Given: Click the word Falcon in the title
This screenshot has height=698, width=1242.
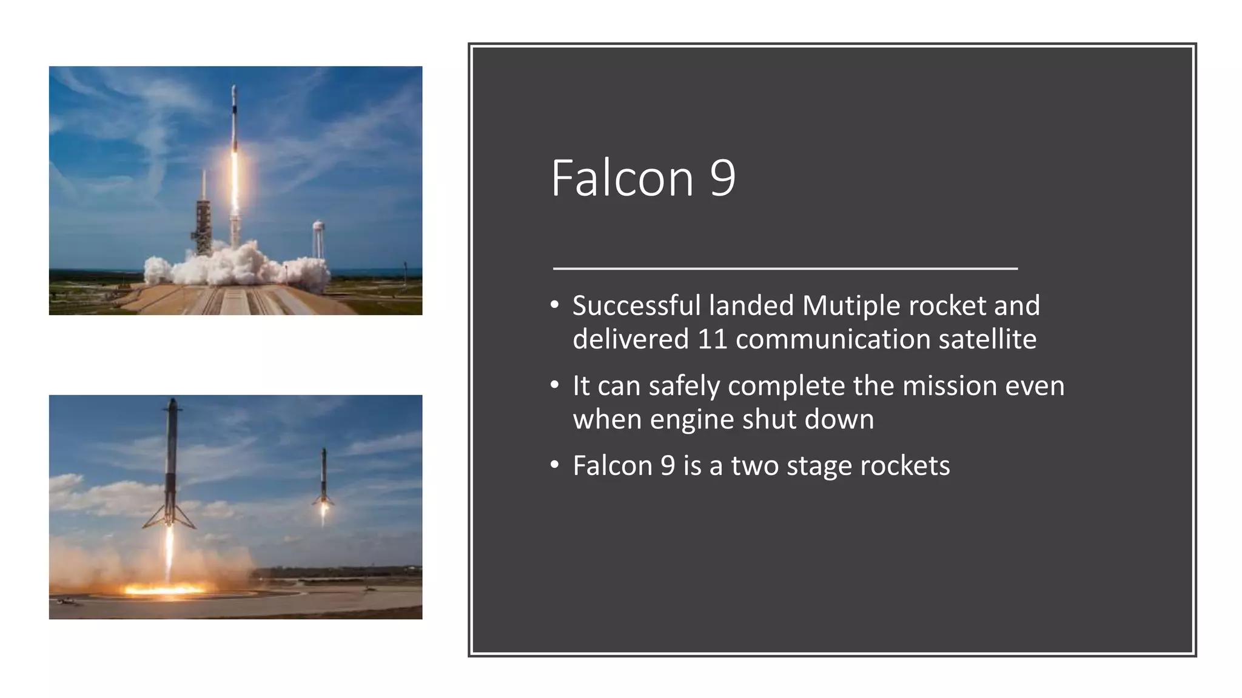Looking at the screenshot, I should point(622,178).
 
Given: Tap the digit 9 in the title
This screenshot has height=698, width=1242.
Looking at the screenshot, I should point(722,178).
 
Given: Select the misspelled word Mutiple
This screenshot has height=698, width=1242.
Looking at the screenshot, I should point(851,305).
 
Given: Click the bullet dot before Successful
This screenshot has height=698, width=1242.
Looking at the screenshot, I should point(554,305).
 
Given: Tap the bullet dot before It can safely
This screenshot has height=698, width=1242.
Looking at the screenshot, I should point(554,386).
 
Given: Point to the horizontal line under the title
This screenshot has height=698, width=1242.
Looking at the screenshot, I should point(785,267).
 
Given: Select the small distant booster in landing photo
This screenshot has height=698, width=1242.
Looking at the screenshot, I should point(323,479).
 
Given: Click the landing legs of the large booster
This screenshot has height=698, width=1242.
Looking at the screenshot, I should point(169,515).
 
